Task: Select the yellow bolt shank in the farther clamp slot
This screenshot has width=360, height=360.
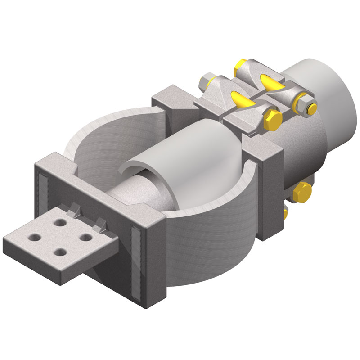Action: point(272,81)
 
